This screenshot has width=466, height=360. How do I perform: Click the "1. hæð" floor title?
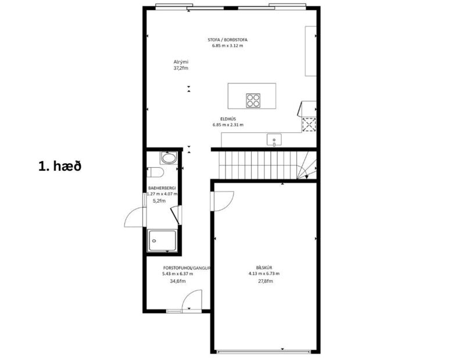(59, 166)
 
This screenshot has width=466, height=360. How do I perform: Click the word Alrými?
(181, 62)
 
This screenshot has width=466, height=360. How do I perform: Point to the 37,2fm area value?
(181, 68)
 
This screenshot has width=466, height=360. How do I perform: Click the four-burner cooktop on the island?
(253, 100)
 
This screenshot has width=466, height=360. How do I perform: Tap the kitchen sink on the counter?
(273, 139)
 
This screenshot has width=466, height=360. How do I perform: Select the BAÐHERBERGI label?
(162, 189)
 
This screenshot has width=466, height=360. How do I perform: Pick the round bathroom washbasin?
(169, 158)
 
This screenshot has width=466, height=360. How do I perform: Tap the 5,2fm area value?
(159, 200)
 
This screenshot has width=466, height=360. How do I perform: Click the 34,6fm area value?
(178, 281)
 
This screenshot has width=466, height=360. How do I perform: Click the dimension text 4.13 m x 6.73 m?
(264, 273)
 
